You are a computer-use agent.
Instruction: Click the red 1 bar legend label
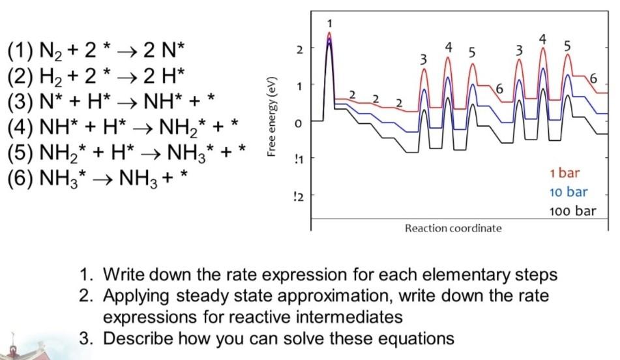564,173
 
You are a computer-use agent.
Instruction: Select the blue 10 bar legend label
568,192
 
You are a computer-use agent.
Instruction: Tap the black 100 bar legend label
572,211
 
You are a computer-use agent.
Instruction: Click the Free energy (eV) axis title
271,117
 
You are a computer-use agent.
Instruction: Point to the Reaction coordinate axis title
453,228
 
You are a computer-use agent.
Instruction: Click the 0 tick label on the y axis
299,124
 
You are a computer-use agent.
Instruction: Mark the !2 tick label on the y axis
299,196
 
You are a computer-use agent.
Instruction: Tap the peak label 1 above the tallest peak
330,23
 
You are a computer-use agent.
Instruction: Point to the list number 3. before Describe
87,338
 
